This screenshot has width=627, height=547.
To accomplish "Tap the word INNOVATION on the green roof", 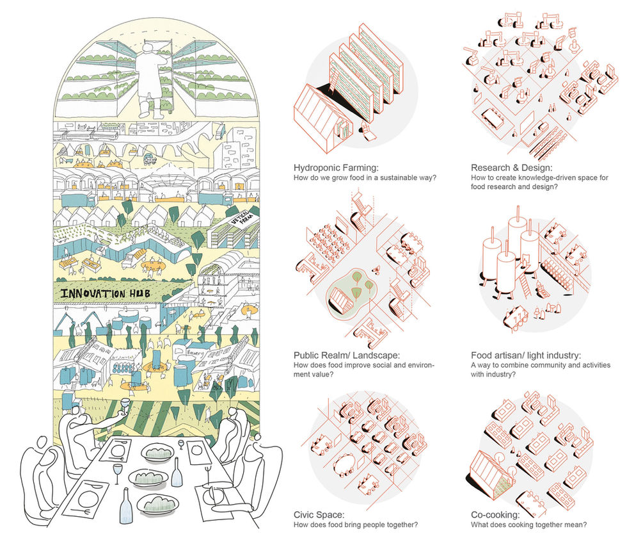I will tap(95, 293).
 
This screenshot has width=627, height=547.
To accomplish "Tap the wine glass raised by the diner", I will tap(125, 407).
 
